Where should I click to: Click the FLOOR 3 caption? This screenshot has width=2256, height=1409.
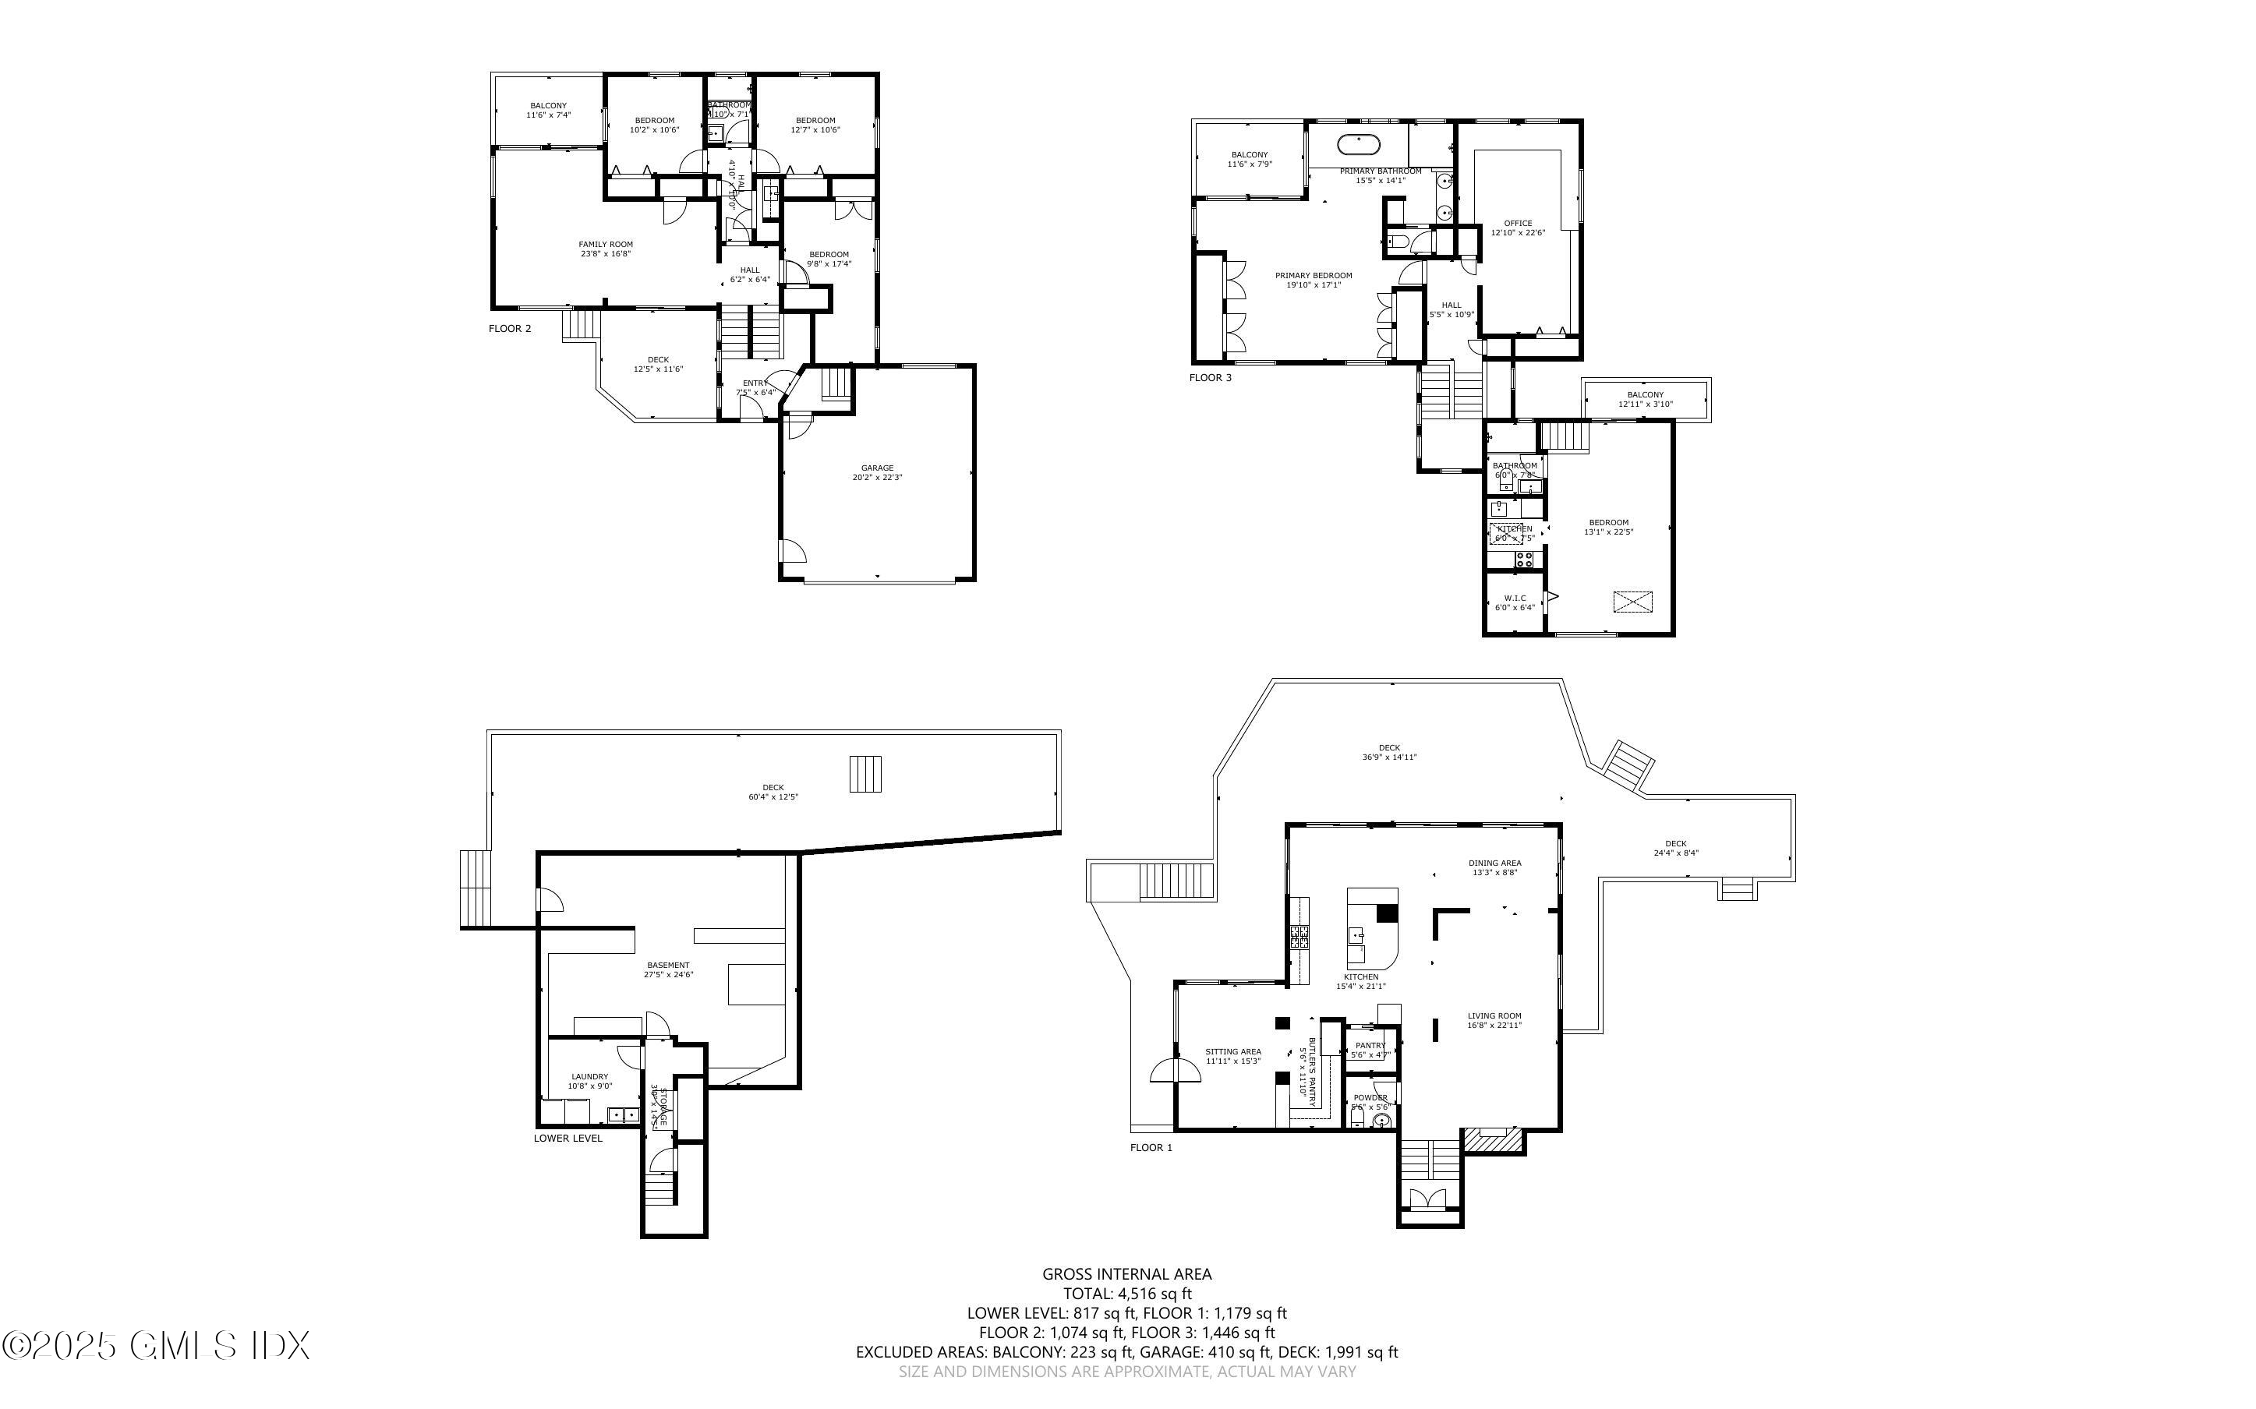point(1210,377)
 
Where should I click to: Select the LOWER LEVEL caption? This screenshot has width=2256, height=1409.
point(568,1138)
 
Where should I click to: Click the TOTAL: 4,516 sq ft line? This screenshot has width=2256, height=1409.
point(1126,1294)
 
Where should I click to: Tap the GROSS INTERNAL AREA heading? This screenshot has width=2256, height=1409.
point(1126,1274)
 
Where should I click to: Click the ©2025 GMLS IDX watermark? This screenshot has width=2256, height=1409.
point(154,1346)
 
